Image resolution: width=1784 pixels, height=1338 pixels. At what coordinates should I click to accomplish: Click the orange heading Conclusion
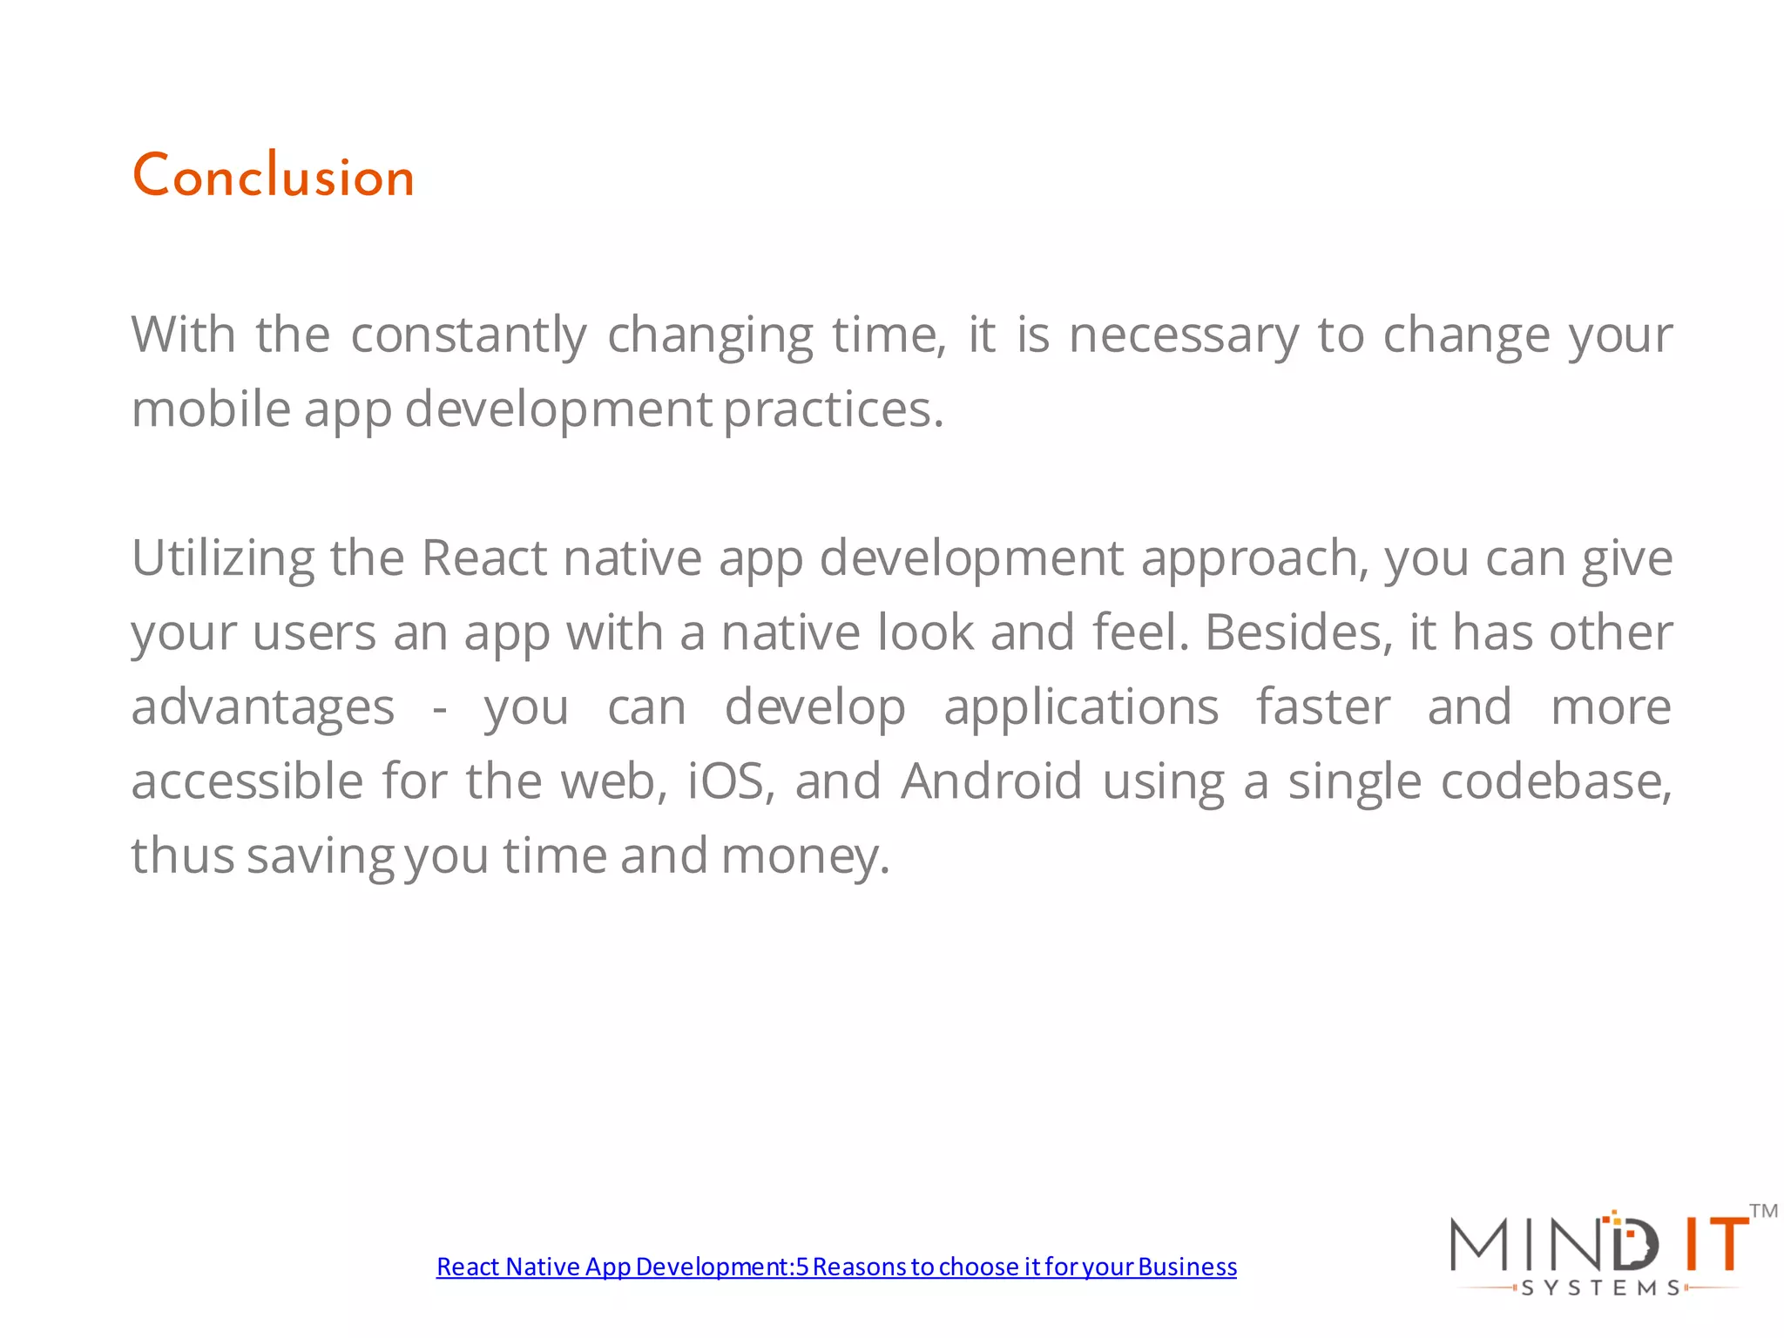click(273, 176)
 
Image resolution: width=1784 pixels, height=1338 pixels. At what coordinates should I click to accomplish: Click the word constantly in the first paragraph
click(469, 335)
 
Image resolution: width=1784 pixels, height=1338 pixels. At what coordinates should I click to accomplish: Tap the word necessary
click(1183, 335)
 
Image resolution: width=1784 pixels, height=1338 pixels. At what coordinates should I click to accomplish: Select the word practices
click(833, 409)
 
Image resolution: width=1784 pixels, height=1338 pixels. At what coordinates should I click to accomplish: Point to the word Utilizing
click(223, 558)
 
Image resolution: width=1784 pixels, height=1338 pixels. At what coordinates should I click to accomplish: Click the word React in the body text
click(484, 558)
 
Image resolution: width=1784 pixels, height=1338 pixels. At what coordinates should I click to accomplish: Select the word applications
click(1081, 707)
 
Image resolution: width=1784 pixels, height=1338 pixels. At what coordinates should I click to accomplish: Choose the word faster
click(1322, 707)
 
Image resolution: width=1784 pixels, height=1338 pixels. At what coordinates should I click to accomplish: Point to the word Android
click(991, 781)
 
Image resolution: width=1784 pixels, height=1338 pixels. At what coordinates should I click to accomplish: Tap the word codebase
click(1556, 781)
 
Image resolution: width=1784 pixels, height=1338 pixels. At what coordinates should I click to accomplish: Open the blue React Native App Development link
click(836, 1267)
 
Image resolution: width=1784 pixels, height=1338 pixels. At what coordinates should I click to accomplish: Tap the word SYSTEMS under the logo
click(1601, 1288)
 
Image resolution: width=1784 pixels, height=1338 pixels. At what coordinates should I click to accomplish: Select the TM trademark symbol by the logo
click(1763, 1211)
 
